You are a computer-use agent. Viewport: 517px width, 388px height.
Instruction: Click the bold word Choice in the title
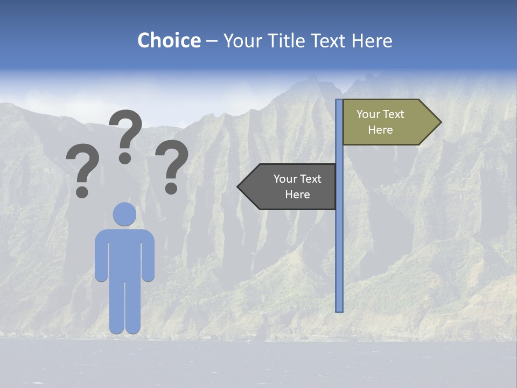click(169, 40)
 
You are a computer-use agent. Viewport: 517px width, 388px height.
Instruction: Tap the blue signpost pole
click(339, 242)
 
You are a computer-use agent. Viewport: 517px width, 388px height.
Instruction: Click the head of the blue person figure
click(124, 214)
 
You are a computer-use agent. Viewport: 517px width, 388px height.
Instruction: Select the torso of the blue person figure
click(124, 253)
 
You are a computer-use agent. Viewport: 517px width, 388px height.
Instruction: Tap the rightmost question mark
click(172, 162)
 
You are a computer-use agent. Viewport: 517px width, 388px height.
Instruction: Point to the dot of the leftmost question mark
click(82, 191)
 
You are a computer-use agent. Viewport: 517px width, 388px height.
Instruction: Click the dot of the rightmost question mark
click(171, 188)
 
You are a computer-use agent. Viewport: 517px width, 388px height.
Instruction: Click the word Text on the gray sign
click(310, 179)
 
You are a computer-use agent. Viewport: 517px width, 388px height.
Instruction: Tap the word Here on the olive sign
click(380, 130)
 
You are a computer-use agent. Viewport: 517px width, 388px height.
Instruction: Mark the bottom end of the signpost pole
click(339, 310)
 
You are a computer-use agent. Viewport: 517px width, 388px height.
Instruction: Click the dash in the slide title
click(212, 41)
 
